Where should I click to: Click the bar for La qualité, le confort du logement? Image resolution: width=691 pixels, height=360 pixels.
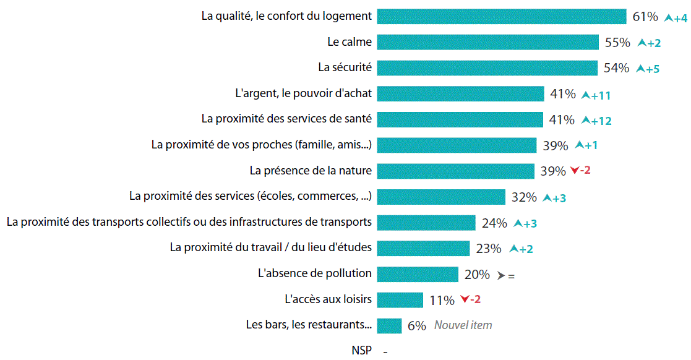pyautogui.click(x=502, y=17)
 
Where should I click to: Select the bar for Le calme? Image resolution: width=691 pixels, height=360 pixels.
pyautogui.click(x=487, y=42)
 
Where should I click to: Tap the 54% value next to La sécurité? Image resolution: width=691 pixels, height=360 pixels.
pyautogui.click(x=616, y=68)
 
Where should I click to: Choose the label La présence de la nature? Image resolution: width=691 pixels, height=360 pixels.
pyautogui.click(x=311, y=171)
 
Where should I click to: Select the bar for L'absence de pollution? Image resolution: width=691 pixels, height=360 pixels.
pyautogui.click(x=418, y=274)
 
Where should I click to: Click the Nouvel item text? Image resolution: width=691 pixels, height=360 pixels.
pyautogui.click(x=463, y=325)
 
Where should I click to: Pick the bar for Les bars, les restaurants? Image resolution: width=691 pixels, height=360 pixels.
pyautogui.click(x=389, y=325)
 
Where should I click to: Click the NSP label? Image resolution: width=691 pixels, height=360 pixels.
pyautogui.click(x=362, y=351)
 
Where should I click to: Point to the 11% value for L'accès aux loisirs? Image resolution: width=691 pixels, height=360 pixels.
pyautogui.click(x=442, y=301)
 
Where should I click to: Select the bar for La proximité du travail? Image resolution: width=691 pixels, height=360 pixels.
pyautogui.click(x=424, y=248)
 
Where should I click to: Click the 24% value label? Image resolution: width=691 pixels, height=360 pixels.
pyautogui.click(x=494, y=223)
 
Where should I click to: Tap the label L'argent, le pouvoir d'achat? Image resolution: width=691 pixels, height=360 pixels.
pyautogui.click(x=304, y=93)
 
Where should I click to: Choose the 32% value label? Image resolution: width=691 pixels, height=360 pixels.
pyautogui.click(x=524, y=198)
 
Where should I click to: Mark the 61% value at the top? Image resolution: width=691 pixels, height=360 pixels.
pyautogui.click(x=645, y=17)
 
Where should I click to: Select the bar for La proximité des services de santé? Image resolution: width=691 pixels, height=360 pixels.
pyautogui.click(x=460, y=119)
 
